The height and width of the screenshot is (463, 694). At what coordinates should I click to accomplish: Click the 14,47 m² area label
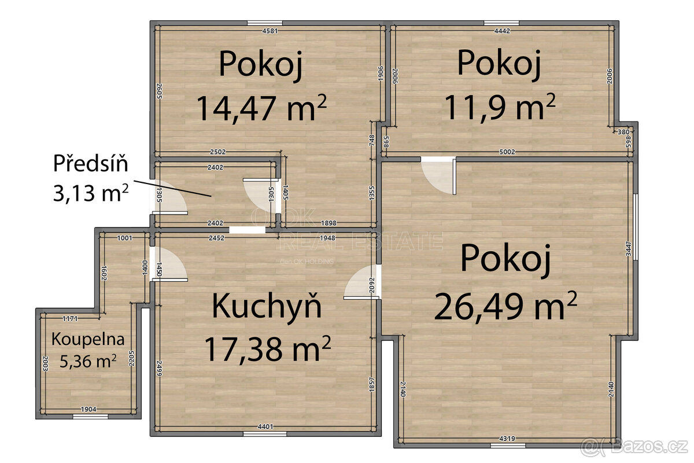pos(261,108)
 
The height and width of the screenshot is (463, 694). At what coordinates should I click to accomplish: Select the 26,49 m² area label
pos(505,306)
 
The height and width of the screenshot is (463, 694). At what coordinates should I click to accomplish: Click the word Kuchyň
pos(267,306)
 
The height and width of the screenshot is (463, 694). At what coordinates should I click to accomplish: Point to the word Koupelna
pos(88,339)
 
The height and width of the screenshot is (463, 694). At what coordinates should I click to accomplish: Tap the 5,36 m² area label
pos(88,362)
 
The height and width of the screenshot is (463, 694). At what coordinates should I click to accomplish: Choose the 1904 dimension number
pos(88,409)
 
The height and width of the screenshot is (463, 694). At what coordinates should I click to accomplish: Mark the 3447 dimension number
pos(629,248)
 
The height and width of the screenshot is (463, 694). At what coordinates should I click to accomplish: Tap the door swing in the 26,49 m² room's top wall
pos(438,175)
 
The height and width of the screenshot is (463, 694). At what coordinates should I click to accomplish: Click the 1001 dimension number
pos(124,238)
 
